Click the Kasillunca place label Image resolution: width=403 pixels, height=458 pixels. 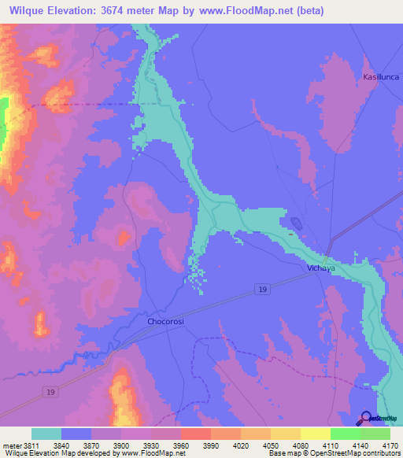point(381,76)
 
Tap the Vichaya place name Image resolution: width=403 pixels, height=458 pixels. point(320,268)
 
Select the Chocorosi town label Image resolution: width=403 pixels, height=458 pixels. point(166,321)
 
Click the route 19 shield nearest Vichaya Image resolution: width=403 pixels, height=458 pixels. point(264,291)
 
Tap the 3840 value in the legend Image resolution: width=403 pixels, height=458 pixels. point(76,445)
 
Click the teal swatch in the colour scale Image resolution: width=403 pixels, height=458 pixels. point(46,434)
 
